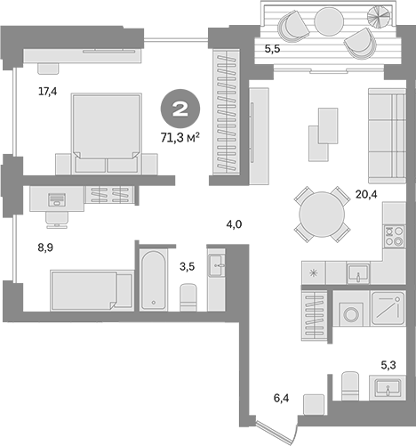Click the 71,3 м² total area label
pyautogui.click(x=180, y=137)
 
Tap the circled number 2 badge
pyautogui.click(x=180, y=109)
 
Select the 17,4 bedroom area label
pyautogui.click(x=47, y=92)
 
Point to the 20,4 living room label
pyautogui.click(x=366, y=195)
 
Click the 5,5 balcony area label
pyautogui.click(x=272, y=49)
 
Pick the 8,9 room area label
pyautogui.click(x=45, y=247)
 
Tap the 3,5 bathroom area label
pyautogui.click(x=187, y=267)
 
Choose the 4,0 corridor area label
pyautogui.click(x=234, y=224)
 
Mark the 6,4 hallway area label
pyautogui.click(x=281, y=398)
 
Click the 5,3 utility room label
pyautogui.click(x=388, y=365)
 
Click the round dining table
pyautogui.click(x=322, y=215)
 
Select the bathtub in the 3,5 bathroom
pyautogui.click(x=153, y=280)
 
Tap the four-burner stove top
pyautogui.click(x=394, y=236)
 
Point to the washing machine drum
pyautogui.click(x=351, y=314)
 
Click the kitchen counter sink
pyautogui.click(x=358, y=273)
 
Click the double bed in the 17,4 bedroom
pyautogui.click(x=106, y=134)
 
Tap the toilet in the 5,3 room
pyautogui.click(x=350, y=385)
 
